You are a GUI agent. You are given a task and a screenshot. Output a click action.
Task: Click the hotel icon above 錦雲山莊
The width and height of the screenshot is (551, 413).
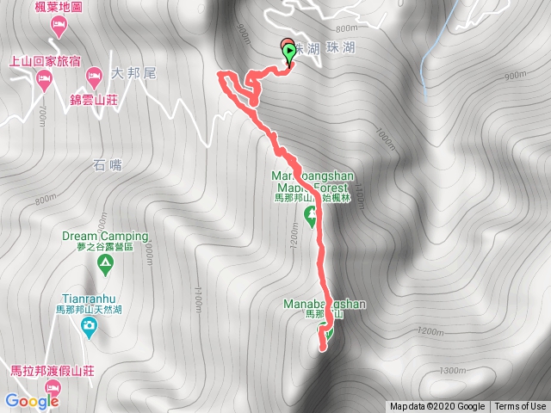click(93, 78)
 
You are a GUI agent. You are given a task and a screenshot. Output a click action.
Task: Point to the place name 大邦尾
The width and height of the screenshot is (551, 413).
click(133, 74)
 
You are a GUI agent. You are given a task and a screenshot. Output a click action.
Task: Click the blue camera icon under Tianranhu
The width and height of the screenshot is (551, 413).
click(88, 325)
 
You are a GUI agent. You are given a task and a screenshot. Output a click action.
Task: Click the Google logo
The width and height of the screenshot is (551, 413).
click(30, 400)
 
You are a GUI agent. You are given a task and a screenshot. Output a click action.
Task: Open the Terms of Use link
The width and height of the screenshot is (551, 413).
click(520, 407)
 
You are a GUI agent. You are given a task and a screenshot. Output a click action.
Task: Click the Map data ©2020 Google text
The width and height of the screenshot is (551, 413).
click(438, 407)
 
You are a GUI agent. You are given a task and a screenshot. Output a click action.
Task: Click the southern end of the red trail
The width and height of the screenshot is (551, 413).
click(323, 348)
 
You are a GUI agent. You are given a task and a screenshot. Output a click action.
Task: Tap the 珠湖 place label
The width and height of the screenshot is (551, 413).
click(331, 51)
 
